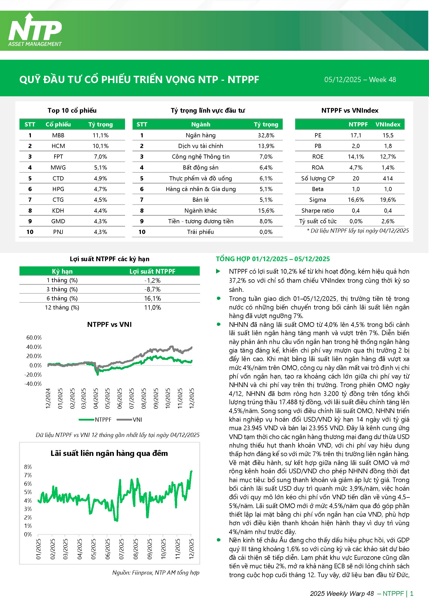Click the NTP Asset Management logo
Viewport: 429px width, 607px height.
[x=35, y=30]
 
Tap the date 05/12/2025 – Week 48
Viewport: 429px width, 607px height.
[x=360, y=80]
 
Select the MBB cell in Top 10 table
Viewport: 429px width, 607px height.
[x=58, y=135]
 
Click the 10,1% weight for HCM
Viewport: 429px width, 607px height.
[x=100, y=146]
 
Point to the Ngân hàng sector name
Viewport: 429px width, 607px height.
[x=200, y=135]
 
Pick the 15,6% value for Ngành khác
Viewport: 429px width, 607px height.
[x=266, y=211]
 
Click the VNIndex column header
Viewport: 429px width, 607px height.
[x=388, y=124]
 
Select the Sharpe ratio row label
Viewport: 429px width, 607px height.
[x=317, y=211]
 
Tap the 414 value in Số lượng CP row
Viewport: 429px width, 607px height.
[x=388, y=178]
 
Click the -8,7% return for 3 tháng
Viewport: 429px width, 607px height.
[x=153, y=289]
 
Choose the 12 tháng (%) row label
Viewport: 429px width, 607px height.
[x=62, y=307]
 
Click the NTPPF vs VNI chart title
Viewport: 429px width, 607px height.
[x=109, y=324]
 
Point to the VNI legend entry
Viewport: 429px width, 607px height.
[x=137, y=420]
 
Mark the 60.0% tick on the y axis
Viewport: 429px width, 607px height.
[x=34, y=338]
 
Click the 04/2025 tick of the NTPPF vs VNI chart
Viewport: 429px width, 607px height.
[x=96, y=399]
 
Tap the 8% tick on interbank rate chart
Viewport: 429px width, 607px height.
[x=28, y=467]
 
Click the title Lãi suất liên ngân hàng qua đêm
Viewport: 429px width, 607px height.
[x=109, y=453]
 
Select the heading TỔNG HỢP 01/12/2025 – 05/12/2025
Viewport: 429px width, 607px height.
[x=273, y=259]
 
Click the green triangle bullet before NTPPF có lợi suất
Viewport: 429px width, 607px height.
[x=218, y=271]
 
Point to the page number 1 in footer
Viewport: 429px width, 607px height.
[x=412, y=593]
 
